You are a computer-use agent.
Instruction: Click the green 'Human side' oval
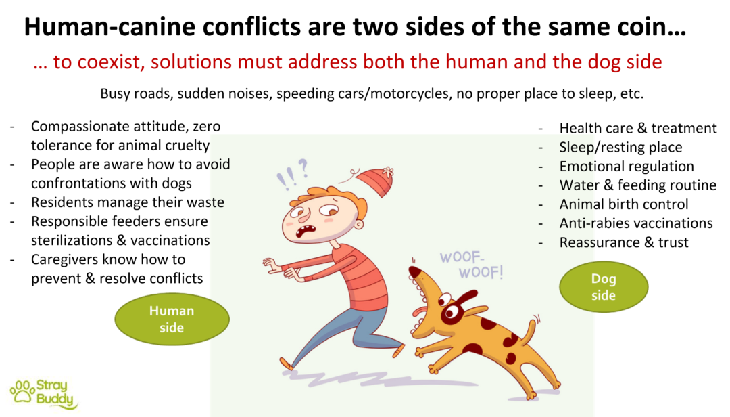point(172,319)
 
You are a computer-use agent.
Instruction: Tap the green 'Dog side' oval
point(604,287)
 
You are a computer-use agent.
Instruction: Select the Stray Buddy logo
point(43,393)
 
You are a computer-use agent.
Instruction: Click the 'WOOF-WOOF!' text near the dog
point(471,265)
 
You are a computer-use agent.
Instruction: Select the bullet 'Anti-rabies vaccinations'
point(635,223)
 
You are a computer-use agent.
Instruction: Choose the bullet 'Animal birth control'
point(623,204)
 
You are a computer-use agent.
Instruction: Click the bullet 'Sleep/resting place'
point(620,147)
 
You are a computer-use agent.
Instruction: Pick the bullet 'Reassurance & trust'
point(623,242)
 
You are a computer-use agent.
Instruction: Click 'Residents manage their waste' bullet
point(128,202)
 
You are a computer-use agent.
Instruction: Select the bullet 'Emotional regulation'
point(626,166)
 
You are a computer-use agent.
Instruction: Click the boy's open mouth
point(308,230)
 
